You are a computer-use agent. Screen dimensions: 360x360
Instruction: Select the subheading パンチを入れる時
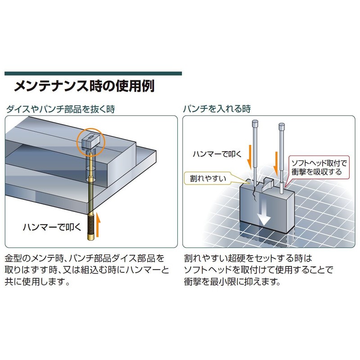pos(217,109)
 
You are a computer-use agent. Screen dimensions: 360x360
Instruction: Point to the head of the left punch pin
pos(255,122)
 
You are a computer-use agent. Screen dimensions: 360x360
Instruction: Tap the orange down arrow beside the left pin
pos(248,156)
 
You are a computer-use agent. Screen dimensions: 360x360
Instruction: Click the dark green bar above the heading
pos(93,73)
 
